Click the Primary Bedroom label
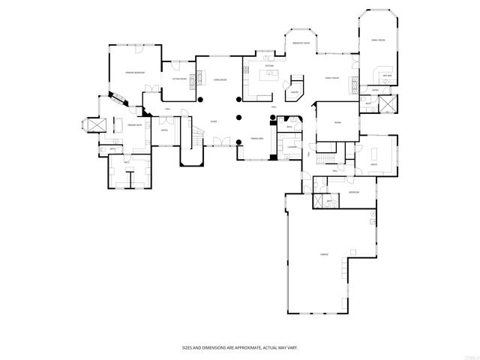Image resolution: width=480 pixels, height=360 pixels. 134,72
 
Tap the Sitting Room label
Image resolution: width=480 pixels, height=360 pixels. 178,78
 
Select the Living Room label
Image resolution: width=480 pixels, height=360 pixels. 220,79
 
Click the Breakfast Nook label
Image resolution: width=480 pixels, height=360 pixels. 302,43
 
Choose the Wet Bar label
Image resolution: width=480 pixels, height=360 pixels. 387,76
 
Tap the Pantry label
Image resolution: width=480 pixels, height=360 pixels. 295,92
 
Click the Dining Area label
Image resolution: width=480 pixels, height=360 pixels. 256,139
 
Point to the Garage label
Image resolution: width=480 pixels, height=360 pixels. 325,255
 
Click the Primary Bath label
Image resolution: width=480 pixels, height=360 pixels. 134,124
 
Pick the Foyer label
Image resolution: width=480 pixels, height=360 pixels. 214,121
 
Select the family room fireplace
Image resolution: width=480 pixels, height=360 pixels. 351,83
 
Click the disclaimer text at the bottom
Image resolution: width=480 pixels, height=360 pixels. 239,348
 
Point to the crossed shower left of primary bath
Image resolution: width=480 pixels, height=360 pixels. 96,125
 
